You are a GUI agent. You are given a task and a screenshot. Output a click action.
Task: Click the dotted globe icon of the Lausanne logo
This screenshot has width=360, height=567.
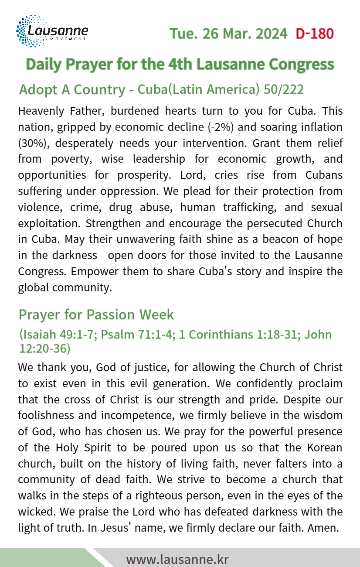[27, 31]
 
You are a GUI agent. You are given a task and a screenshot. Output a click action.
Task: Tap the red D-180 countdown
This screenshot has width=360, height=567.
[314, 34]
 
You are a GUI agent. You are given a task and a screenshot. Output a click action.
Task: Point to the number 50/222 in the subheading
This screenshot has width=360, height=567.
[284, 89]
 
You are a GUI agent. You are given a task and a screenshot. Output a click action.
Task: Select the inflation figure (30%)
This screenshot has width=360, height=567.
[30, 143]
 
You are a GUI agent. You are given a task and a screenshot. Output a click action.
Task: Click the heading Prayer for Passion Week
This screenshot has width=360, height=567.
[96, 314]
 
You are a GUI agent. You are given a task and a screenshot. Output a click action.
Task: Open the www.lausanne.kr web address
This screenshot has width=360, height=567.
[177, 559]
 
